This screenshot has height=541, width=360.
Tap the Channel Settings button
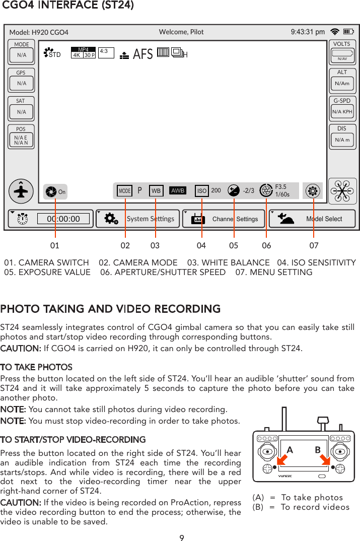coord(225,219)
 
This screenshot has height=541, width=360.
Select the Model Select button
coord(312,219)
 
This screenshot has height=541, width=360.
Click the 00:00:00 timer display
coord(63,219)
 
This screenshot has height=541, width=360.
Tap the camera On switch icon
coord(51,191)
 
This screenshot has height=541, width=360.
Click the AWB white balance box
coord(178,191)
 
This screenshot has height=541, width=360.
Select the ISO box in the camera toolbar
coord(202,191)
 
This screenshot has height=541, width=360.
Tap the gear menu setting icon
coord(313,191)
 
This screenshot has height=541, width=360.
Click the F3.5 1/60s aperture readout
coord(282,190)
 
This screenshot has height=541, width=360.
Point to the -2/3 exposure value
coord(248,191)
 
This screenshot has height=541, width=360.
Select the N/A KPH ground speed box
coord(342,111)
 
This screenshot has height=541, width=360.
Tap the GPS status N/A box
coord(21,83)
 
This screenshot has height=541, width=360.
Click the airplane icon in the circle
coord(21,191)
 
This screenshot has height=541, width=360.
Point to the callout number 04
coord(201,246)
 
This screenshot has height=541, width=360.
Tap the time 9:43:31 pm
coord(308,32)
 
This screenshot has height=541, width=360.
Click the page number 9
coord(182,537)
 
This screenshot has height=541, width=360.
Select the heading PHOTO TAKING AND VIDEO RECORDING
coord(110,308)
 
